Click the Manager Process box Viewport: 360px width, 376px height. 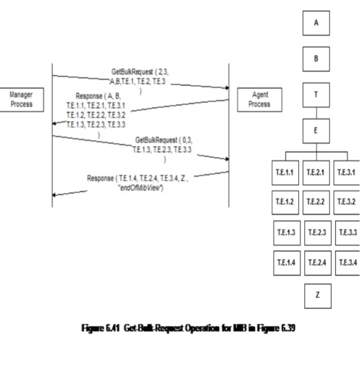(21, 99)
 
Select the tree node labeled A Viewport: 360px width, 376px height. (316, 23)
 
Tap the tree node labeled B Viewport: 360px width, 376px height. (316, 58)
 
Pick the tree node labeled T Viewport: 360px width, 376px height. (316, 95)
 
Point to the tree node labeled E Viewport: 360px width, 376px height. (316, 131)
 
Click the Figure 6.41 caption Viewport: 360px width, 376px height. (180, 329)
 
